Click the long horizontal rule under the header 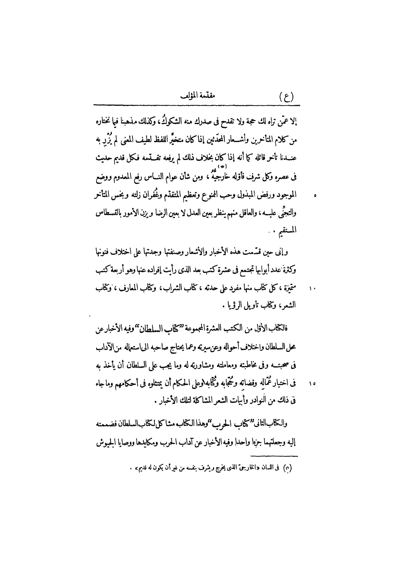tap(197, 105)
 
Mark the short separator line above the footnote tap(274, 456)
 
